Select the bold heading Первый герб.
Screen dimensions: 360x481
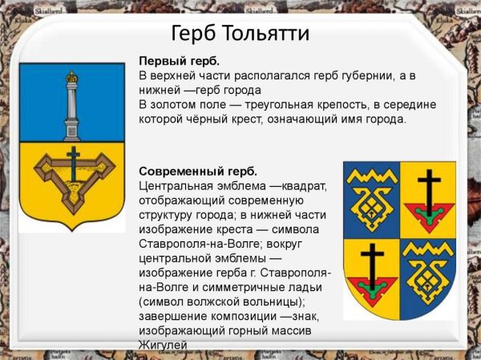pyautogui.click(x=179, y=62)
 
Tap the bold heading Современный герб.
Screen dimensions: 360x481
pyautogui.click(x=198, y=172)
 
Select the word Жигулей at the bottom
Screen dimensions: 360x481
pyautogui.click(x=163, y=345)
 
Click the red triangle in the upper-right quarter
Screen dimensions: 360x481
pyautogui.click(x=429, y=214)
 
